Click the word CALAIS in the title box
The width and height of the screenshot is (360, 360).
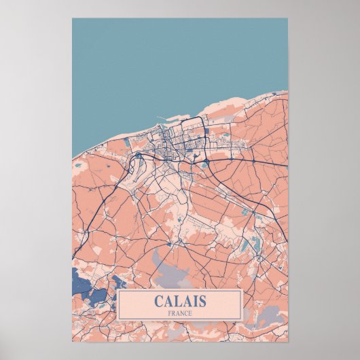[180, 301]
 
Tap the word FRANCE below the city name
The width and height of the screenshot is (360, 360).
[180, 312]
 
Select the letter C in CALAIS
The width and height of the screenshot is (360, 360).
[159, 301]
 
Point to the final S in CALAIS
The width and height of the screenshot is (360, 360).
[202, 301]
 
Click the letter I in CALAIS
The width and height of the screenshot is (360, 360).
[194, 301]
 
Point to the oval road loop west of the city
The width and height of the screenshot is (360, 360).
[138, 164]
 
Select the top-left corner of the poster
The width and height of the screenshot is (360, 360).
[73, 18]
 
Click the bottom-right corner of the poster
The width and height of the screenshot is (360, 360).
[287, 340]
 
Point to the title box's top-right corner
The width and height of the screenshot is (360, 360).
[242, 290]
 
